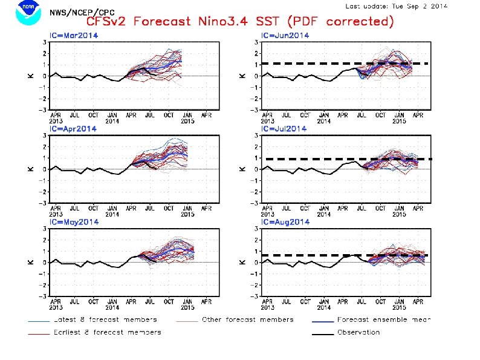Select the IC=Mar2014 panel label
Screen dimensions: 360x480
[74, 36]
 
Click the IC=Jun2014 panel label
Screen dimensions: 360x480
[285, 36]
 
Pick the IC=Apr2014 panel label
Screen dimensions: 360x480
[73, 129]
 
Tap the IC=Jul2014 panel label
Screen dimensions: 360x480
[284, 129]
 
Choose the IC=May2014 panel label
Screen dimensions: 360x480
[74, 222]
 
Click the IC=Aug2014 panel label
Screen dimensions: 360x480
[285, 222]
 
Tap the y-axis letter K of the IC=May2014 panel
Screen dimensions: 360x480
[31, 262]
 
